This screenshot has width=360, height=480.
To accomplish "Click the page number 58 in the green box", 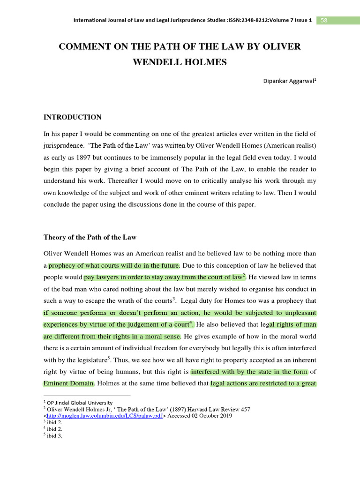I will pos(324,21).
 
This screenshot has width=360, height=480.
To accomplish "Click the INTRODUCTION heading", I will pos(72,117).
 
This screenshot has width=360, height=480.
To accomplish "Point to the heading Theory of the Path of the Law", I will pos(90,237).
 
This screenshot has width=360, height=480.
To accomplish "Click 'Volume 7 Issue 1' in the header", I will pos(291,21).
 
